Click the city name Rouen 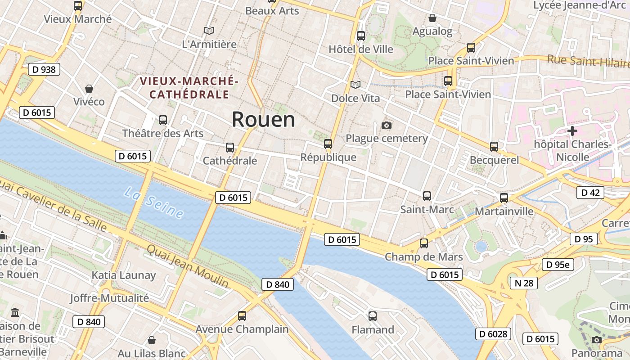pos(263,120)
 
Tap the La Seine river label pos(154,203)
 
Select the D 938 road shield pos(44,69)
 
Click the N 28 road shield pos(524,283)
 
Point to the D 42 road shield pos(590,193)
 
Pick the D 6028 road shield pos(493,334)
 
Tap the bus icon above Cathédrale pos(230,148)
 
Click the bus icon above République pos(328,144)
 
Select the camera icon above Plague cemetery pos(386,125)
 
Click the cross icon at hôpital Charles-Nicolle pos(572,131)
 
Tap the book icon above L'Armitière pos(209,31)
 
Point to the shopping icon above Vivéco pos(89,89)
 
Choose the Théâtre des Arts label pos(163,134)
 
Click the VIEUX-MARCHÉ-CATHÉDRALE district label pos(189,88)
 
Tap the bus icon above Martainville pos(504,198)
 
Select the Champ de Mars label pos(423,257)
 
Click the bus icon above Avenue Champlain pos(242,316)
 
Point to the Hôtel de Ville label pos(361,49)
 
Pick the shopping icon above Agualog pos(432,18)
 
